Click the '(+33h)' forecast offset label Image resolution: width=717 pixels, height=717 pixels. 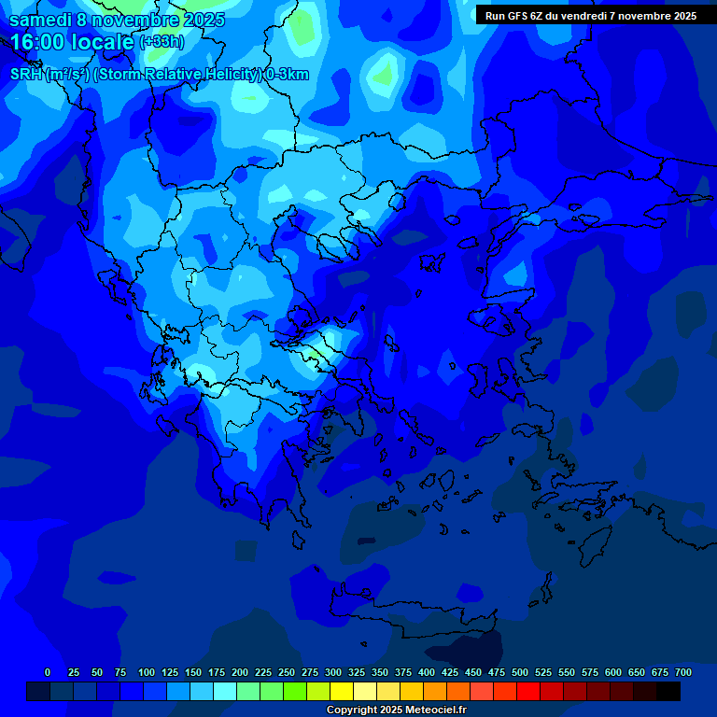[162, 42]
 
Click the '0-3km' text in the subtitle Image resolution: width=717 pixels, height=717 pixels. [288, 75]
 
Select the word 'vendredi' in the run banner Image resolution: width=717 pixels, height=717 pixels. [583, 16]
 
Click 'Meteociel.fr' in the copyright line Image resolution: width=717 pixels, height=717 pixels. [435, 710]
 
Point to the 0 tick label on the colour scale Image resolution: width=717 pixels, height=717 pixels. [48, 672]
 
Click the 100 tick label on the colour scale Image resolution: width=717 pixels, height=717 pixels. [147, 672]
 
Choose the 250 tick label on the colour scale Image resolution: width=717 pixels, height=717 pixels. [287, 672]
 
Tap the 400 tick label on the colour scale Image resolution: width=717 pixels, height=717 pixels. [427, 672]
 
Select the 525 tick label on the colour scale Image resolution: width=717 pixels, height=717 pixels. [543, 672]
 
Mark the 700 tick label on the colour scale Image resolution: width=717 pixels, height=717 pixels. [683, 672]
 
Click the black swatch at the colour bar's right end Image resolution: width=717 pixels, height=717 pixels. [668, 691]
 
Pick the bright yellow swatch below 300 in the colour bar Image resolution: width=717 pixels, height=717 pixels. [342, 691]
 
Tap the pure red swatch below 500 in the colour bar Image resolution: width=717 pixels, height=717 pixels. [528, 691]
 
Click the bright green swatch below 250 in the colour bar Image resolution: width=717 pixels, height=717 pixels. [295, 691]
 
